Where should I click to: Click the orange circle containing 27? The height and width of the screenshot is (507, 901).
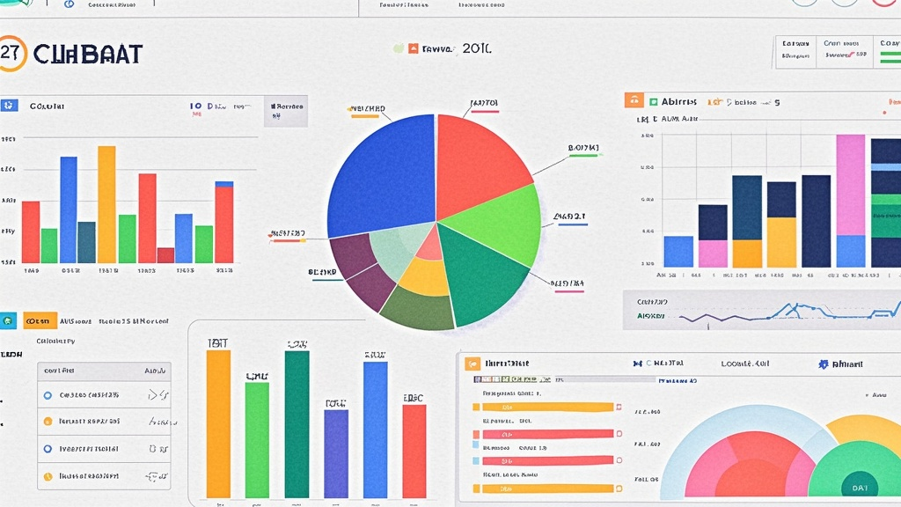click(11, 53)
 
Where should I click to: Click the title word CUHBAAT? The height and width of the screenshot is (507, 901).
click(87, 54)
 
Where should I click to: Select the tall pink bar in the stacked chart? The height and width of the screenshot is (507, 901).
click(850, 185)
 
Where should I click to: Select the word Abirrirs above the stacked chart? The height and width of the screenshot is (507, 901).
click(680, 102)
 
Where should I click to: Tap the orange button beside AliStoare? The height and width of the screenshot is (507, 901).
click(40, 320)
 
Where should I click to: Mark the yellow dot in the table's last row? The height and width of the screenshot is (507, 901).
click(48, 476)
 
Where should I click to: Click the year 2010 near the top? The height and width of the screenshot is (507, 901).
click(476, 49)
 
